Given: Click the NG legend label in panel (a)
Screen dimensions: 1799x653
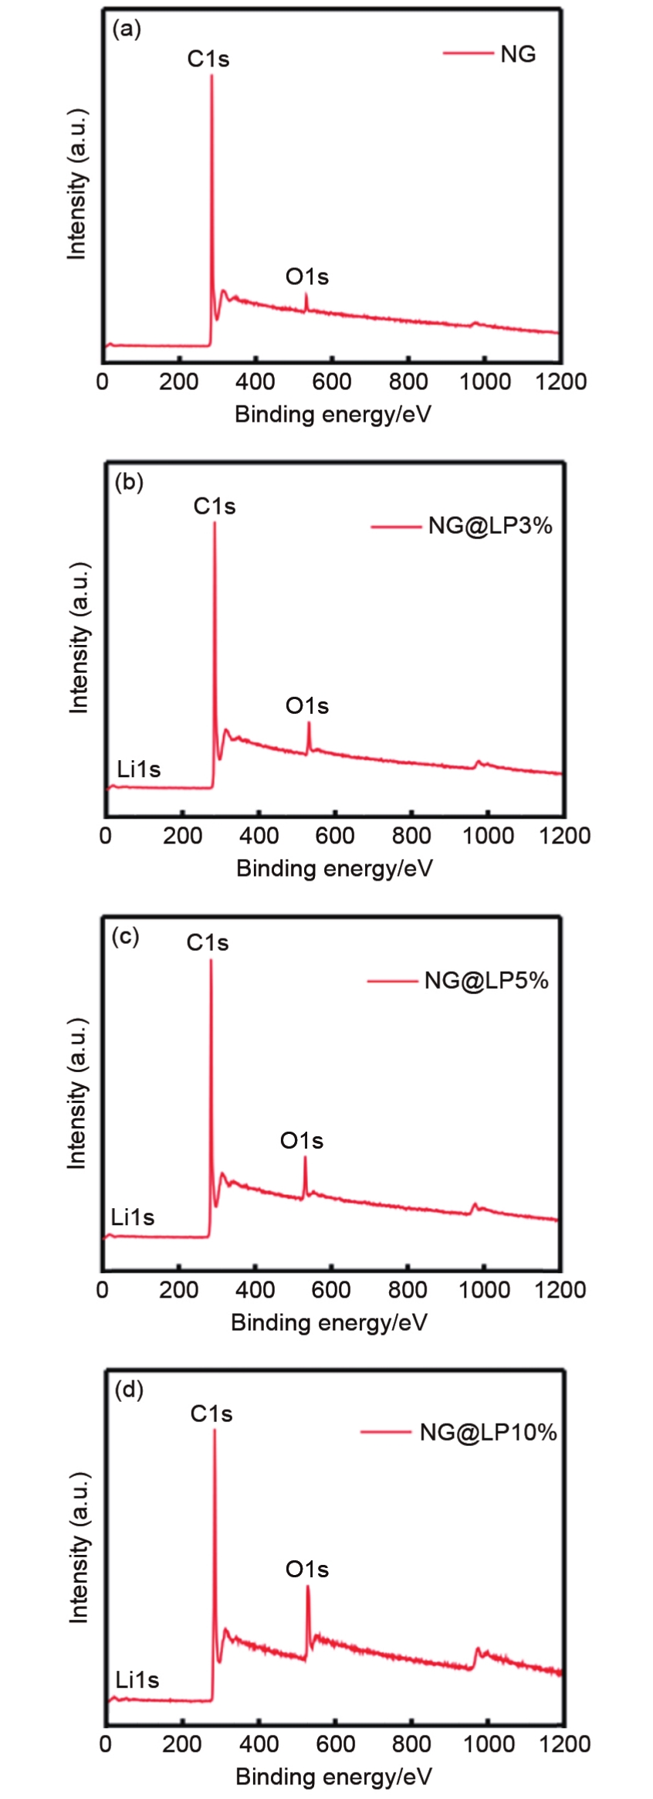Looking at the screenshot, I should [518, 54].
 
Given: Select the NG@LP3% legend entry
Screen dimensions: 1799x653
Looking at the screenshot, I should [490, 526].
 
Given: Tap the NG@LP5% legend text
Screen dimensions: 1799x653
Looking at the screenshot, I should [486, 981].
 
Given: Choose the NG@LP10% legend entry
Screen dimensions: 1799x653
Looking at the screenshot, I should [488, 1433].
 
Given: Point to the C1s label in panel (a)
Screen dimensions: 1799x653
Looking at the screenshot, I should [208, 59].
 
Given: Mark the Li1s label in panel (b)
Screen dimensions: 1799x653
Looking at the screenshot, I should [139, 769].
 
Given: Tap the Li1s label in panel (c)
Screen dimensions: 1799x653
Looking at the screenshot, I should [133, 1218].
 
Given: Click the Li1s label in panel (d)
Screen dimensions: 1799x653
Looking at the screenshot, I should [137, 1680].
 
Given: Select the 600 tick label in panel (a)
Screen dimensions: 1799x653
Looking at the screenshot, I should [332, 382].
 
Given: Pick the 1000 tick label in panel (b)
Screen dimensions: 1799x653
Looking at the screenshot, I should [489, 836].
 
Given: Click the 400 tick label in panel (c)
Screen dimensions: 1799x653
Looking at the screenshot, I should [255, 1290].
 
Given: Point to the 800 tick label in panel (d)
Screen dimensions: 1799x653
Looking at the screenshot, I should [411, 1744].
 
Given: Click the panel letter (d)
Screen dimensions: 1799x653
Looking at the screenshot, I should [129, 1390].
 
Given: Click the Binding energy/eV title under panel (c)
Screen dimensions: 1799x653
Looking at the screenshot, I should [330, 1322].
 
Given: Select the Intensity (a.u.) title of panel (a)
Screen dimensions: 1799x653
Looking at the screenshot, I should [78, 184].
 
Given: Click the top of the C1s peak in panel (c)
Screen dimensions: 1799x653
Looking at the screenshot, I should [211, 959].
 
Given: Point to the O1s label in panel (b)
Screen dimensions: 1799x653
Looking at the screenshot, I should [307, 706].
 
